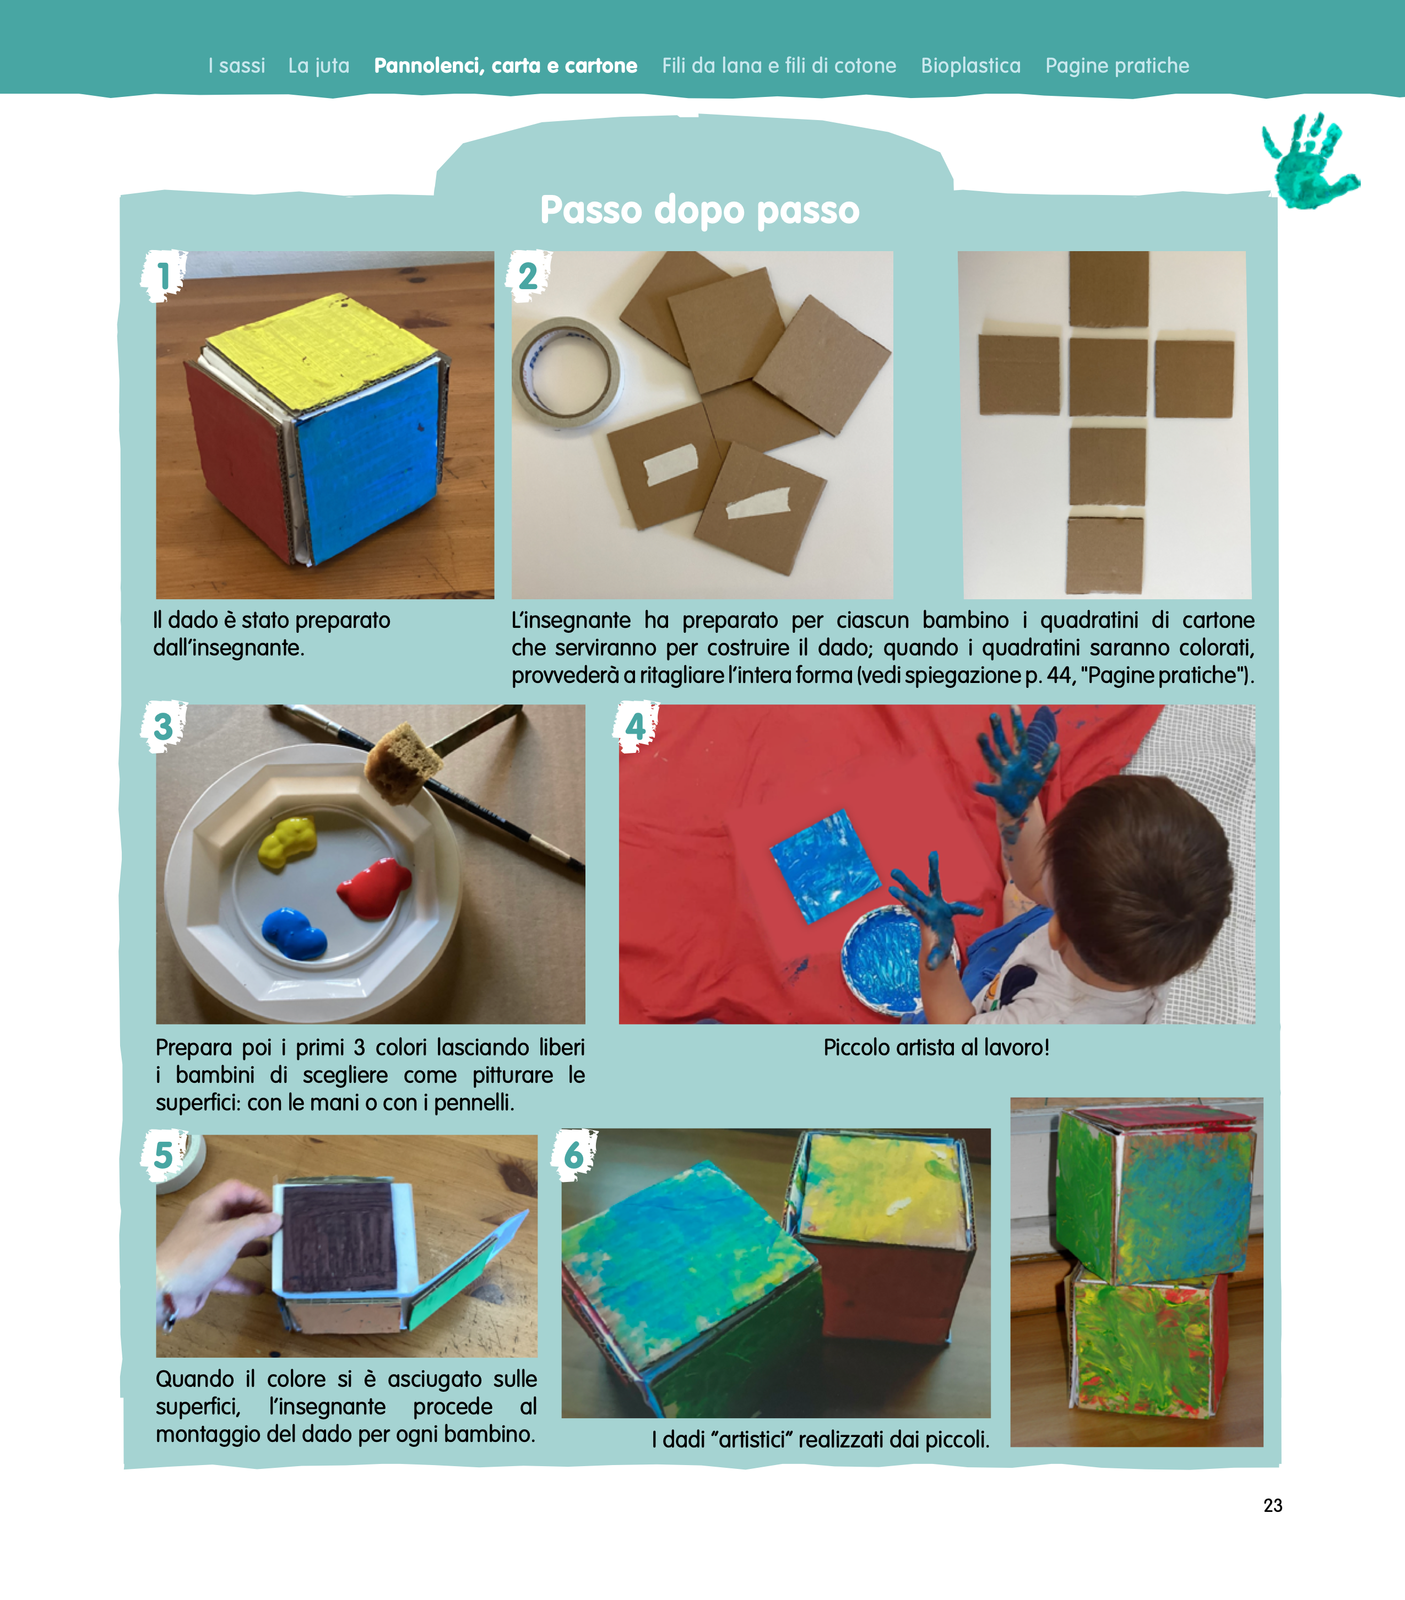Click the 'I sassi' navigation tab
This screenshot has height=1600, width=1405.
click(236, 66)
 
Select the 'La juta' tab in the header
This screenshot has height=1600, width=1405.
click(318, 66)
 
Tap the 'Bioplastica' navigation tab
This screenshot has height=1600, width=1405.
click(970, 66)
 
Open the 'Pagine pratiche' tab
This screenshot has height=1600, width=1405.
click(1117, 66)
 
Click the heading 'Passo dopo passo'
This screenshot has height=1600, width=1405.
click(700, 210)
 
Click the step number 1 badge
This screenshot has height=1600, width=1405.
click(163, 275)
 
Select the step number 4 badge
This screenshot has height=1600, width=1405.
click(636, 726)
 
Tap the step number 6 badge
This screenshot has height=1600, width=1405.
click(574, 1154)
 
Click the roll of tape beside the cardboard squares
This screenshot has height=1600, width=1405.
click(565, 372)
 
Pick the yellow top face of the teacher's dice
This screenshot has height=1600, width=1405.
click(323, 352)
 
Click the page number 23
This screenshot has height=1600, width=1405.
click(1273, 1505)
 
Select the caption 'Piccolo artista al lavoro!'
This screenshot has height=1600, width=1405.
click(936, 1048)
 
